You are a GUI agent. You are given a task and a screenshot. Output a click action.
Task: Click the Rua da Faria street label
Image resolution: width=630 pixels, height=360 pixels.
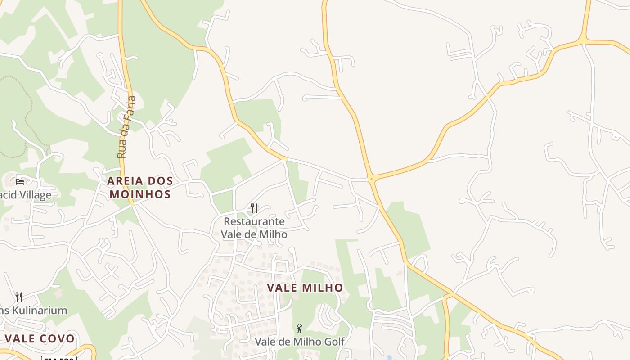point(126,127)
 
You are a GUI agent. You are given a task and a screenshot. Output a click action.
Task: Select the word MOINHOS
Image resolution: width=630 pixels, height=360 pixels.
point(140,194)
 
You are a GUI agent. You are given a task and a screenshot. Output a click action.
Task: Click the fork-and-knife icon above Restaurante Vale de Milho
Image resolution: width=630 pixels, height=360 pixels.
point(254,208)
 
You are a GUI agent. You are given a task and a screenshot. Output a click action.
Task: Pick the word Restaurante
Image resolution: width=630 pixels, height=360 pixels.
point(254,221)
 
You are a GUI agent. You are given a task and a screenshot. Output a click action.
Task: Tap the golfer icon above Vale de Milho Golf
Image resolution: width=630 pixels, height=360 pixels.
point(299,328)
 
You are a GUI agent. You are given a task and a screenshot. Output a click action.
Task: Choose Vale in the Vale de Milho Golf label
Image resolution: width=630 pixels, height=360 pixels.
point(266,342)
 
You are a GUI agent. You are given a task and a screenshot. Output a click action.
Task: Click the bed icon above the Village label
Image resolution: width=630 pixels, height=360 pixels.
point(20,182)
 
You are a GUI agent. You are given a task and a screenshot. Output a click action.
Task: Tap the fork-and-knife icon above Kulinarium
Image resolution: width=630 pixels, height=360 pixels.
point(19,297)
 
